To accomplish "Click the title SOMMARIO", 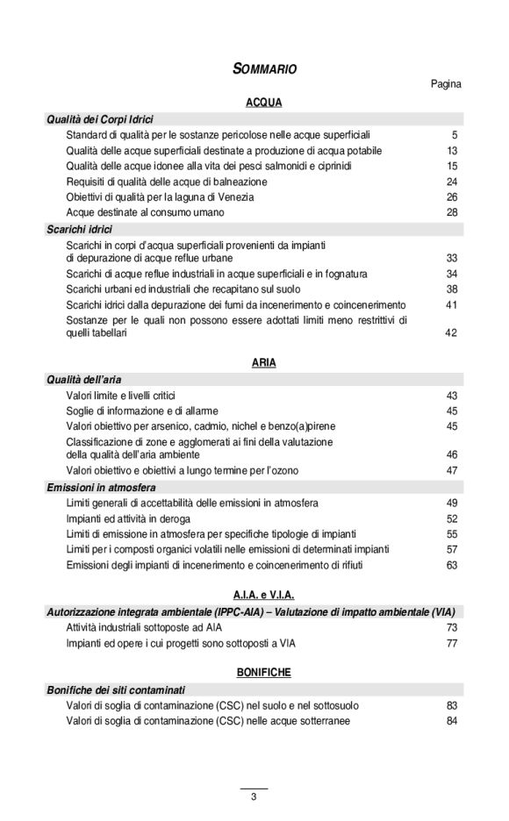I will point(264,68).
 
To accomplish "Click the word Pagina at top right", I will point(446,84).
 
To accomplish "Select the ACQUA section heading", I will point(263,102).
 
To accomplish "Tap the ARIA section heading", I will point(263,362).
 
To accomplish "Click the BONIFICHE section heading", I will point(263,672).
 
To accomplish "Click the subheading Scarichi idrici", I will point(79,229).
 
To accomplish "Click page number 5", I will point(455,135).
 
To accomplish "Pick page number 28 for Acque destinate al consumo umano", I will point(452,212).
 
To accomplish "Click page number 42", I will point(452,333).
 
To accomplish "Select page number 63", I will point(452,565).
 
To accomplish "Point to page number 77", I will point(452,643).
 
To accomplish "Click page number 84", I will point(452,721).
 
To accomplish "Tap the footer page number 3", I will point(254,796).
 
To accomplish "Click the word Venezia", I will point(210,197).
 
